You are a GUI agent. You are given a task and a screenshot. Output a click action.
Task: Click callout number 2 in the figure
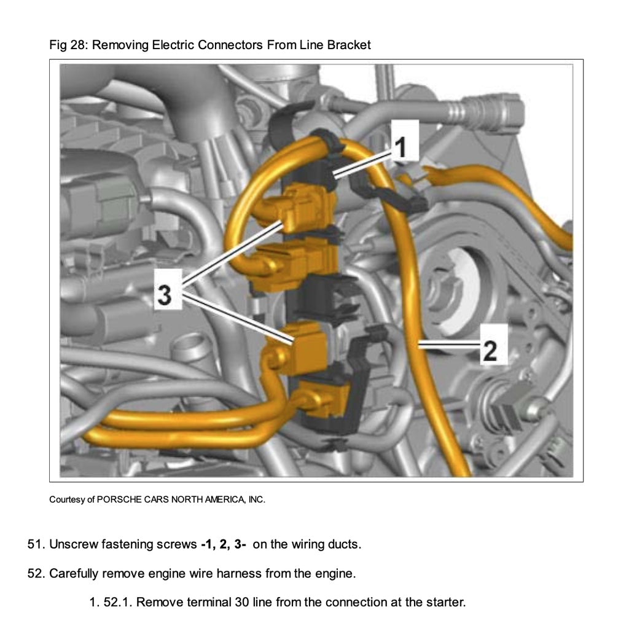490,350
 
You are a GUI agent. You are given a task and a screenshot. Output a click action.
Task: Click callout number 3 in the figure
164,294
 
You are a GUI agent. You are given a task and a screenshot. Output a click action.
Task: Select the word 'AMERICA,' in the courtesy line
227,499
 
